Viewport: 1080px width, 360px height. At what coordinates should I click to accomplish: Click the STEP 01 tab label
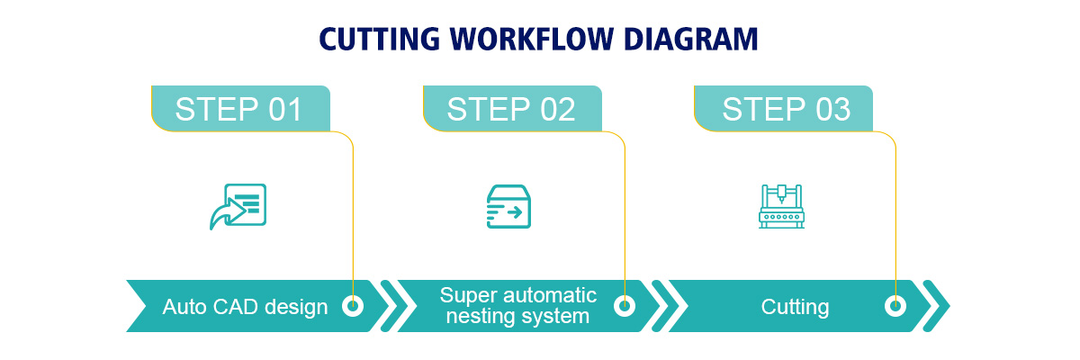pos(239,109)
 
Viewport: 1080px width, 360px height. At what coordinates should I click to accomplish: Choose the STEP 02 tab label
pos(511,109)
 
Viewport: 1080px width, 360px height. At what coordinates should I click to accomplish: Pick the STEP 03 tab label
pos(786,109)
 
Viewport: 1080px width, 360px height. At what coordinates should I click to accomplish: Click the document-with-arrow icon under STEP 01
pos(238,206)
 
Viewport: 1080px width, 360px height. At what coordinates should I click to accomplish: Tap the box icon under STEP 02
pos(508,206)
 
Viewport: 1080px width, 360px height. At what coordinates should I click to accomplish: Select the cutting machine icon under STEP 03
pos(780,206)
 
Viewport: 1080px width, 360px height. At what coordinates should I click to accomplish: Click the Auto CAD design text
pos(245,307)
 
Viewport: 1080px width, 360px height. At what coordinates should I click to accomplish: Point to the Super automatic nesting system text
pos(517,306)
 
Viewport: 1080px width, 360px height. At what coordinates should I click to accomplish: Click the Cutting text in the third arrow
pos(795,307)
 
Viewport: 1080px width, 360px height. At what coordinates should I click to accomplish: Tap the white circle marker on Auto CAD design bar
pos(353,306)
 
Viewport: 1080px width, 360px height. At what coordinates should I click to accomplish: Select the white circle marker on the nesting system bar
pos(624,306)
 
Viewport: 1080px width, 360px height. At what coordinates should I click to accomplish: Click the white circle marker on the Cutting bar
pos(895,306)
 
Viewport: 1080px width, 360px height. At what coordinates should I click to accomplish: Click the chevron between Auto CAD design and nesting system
pos(397,306)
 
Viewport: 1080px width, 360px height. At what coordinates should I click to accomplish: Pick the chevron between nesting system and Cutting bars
pos(668,306)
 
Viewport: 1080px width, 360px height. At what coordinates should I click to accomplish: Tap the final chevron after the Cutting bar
pos(939,306)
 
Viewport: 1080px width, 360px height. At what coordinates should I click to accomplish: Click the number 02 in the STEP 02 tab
pos(555,109)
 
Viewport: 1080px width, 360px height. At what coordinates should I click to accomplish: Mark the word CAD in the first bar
pos(231,307)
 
